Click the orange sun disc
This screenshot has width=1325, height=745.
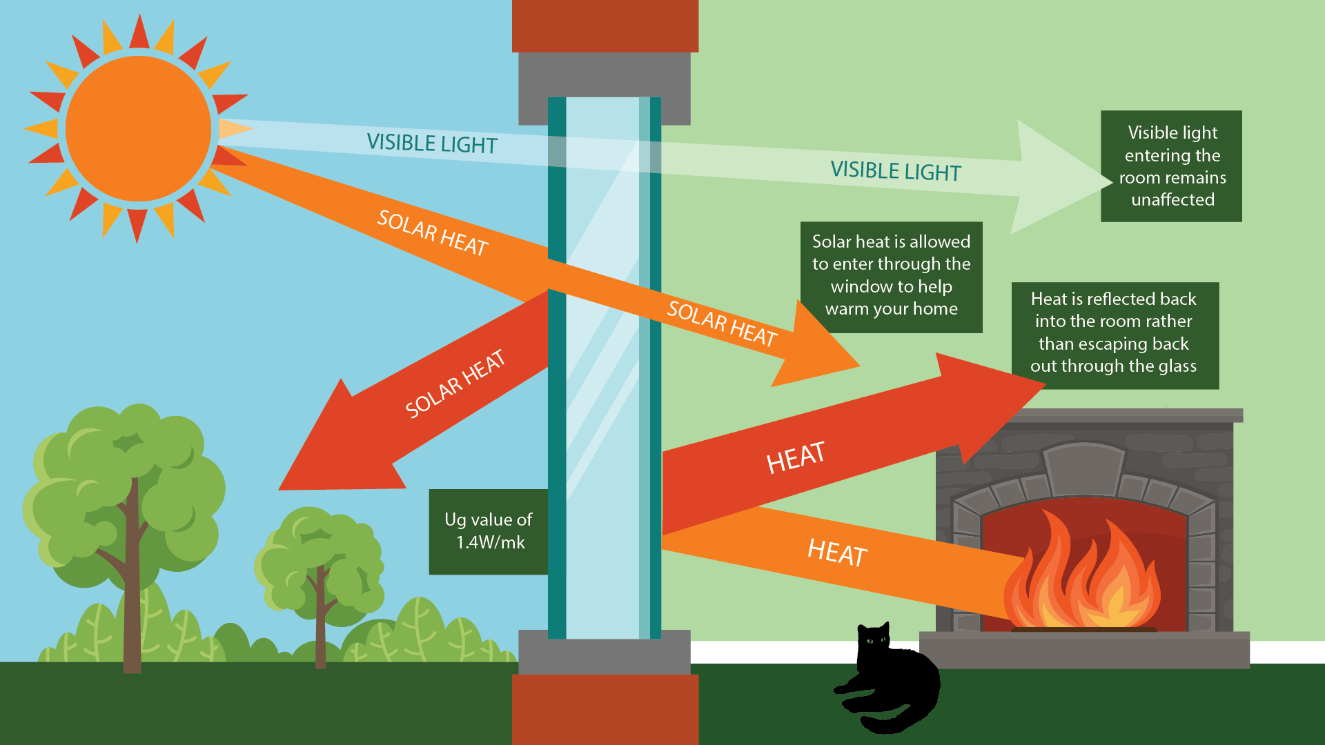138,129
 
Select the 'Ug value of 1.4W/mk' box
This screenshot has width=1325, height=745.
489,531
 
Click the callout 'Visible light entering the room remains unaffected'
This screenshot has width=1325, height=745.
1171,166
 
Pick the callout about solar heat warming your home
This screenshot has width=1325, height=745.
891,276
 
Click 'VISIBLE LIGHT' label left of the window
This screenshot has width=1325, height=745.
432,143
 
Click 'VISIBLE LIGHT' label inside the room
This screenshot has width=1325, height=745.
895,171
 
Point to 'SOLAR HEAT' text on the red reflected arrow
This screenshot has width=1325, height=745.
455,384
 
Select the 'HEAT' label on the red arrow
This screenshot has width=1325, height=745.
795,458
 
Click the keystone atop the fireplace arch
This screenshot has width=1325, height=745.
1083,469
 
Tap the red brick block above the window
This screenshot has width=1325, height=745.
605,26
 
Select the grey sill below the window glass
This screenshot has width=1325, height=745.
605,652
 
